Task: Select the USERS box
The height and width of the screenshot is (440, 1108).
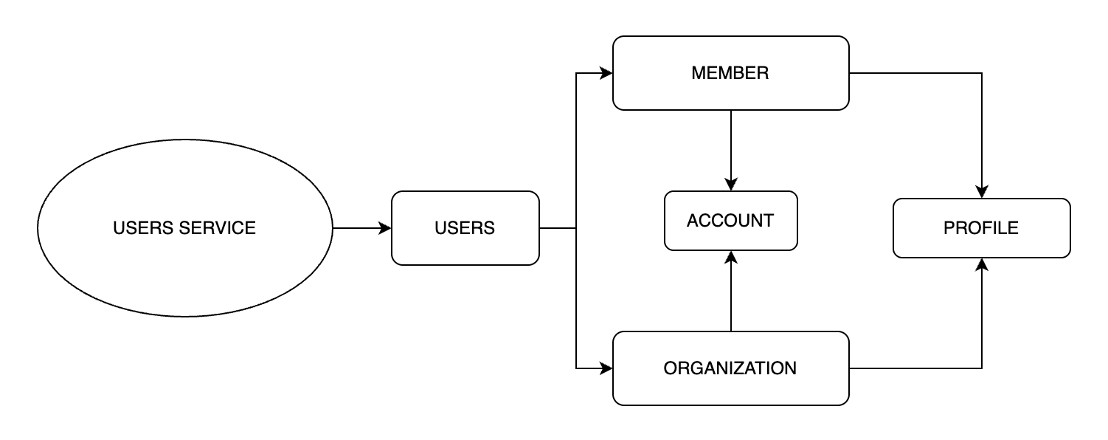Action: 465,228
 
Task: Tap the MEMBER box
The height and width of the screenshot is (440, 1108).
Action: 730,73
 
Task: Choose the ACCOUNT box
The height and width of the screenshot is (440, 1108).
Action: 730,221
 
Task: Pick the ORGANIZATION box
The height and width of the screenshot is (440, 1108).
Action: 730,368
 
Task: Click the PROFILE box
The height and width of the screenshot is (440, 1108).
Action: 981,228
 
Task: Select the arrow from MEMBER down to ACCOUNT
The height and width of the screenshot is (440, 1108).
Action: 730,148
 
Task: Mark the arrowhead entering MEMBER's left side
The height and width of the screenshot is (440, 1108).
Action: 606,73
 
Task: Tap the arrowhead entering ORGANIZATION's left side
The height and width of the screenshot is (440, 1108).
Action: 606,368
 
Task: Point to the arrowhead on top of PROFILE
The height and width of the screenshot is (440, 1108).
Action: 982,192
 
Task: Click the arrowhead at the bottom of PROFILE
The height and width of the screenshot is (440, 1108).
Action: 982,264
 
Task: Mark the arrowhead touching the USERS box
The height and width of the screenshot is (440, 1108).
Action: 385,228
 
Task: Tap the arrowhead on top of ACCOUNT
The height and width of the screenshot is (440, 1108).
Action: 730,185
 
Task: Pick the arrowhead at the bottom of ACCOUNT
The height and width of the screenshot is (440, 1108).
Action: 730,257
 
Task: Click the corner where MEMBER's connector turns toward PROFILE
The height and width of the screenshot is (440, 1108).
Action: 982,73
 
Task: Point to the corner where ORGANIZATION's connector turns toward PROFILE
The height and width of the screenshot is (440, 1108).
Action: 982,368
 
